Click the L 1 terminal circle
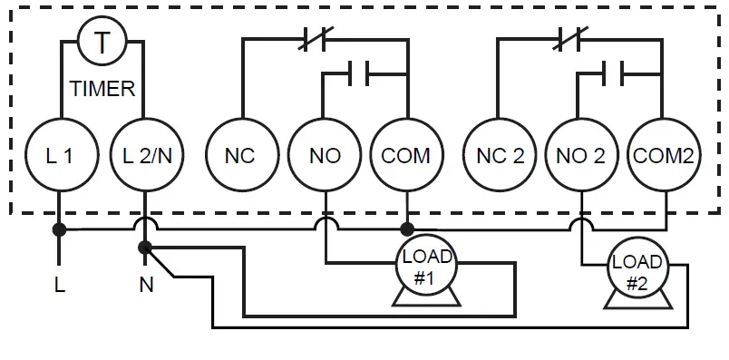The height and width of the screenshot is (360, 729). pyautogui.click(x=60, y=155)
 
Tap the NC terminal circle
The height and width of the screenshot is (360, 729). pyautogui.click(x=239, y=155)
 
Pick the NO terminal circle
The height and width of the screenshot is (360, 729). pyautogui.click(x=324, y=155)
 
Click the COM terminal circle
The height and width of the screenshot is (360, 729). pyautogui.click(x=405, y=155)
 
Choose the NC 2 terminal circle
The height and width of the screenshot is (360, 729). pyautogui.click(x=500, y=155)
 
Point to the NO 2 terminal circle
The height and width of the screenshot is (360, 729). pyautogui.click(x=581, y=155)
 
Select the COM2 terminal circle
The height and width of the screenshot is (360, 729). pyautogui.click(x=664, y=155)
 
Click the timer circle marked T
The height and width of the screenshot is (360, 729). pyautogui.click(x=102, y=42)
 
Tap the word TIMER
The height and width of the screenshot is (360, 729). pyautogui.click(x=102, y=90)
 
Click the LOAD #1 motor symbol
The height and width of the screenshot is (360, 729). pyautogui.click(x=426, y=268)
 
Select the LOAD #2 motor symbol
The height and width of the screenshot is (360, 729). pyautogui.click(x=637, y=272)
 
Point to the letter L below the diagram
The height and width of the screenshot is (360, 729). pyautogui.click(x=60, y=286)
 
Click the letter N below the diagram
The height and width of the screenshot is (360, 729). pyautogui.click(x=145, y=286)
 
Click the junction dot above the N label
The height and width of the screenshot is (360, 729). pyautogui.click(x=145, y=247)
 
